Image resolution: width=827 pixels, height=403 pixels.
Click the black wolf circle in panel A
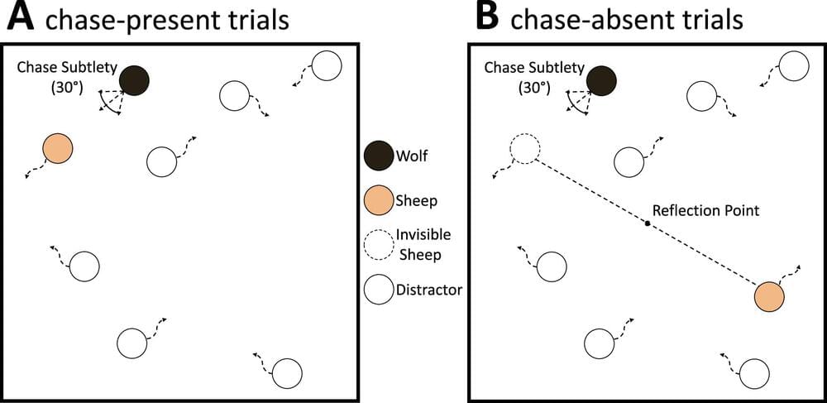click(134, 80)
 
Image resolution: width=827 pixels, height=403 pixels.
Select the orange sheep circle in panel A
click(58, 148)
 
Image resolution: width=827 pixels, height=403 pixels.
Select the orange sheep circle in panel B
click(769, 295)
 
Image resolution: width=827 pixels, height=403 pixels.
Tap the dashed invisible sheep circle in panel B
click(524, 149)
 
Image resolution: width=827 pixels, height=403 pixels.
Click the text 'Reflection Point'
click(705, 210)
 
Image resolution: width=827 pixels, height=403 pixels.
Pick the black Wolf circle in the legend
click(377, 155)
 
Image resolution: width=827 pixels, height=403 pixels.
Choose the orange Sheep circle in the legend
click(377, 199)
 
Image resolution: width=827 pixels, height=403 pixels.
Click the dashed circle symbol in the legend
click(377, 244)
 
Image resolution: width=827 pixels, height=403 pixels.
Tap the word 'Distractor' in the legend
click(429, 290)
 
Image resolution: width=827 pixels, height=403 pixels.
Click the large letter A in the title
click(19, 18)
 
